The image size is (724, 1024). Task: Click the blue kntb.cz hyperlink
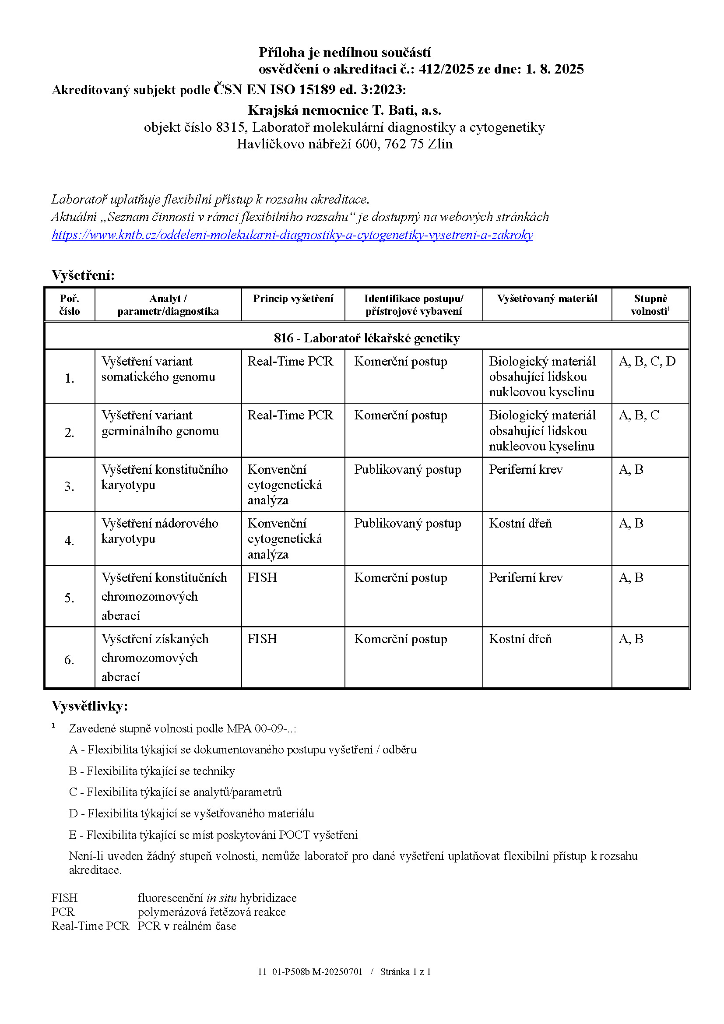(292, 235)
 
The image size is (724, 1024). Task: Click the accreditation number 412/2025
(446, 69)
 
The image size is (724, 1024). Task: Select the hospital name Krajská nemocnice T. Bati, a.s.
(344, 110)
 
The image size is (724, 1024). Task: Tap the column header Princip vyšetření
(293, 299)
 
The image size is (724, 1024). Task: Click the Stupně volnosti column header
(650, 305)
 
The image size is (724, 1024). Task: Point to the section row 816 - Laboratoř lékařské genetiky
(366, 338)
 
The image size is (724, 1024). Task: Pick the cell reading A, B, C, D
(647, 361)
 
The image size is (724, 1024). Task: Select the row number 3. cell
(69, 486)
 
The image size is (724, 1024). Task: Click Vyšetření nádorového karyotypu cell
(160, 531)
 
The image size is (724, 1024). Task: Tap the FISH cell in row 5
(262, 577)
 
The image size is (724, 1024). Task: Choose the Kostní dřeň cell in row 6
(520, 639)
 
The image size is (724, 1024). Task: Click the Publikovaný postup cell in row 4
(408, 523)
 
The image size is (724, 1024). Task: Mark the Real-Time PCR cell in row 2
(290, 415)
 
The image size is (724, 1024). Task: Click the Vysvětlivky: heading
(90, 706)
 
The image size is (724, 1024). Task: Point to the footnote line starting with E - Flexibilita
(213, 835)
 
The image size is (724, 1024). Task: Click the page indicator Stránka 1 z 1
(405, 972)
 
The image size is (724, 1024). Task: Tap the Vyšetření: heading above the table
(83, 275)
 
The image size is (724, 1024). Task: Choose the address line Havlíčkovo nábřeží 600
(344, 144)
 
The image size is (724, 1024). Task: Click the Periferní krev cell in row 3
(526, 469)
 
